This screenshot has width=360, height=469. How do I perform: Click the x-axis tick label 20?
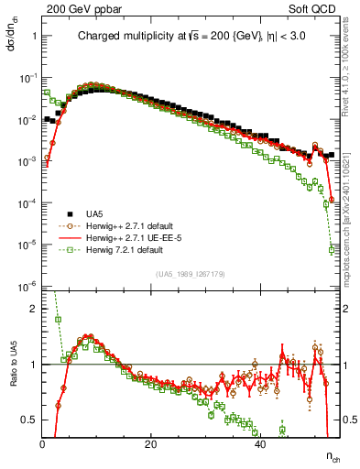[151, 444]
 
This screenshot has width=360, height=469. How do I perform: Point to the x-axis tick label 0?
[43, 444]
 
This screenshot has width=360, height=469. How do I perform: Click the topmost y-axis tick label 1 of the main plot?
[34, 37]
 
